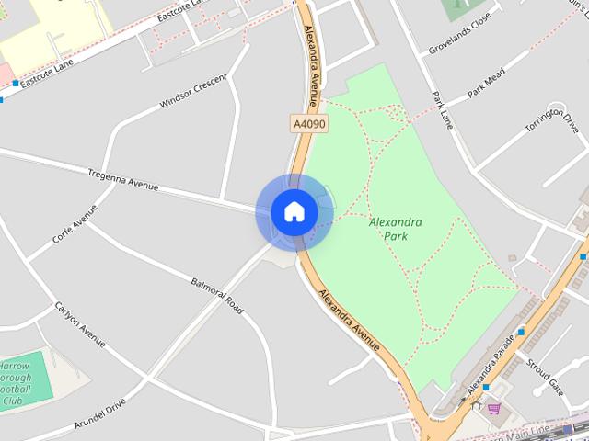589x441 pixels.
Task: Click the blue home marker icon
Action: pyautogui.click(x=294, y=211)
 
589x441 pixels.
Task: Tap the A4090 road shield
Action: pyautogui.click(x=309, y=123)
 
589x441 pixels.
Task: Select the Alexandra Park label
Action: pyautogui.click(x=396, y=229)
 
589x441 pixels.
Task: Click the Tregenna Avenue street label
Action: pyautogui.click(x=123, y=180)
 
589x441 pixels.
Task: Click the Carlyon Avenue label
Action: pyautogui.click(x=80, y=324)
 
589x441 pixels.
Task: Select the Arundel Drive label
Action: pyautogui.click(x=101, y=416)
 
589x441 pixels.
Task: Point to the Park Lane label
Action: pyautogui.click(x=443, y=109)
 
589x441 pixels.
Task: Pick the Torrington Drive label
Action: pyautogui.click(x=551, y=131)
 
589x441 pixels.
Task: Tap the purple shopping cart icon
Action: pyautogui.click(x=494, y=408)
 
